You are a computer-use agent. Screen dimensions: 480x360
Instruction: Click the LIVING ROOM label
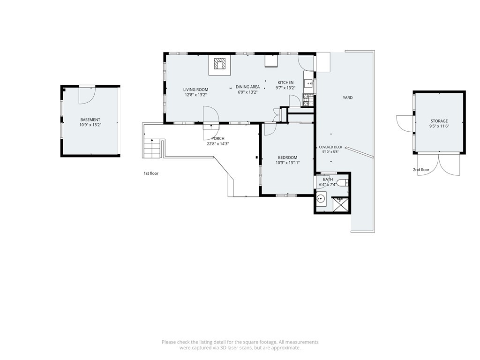tap(195, 90)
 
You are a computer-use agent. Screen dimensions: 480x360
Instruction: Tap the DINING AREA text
tap(247, 87)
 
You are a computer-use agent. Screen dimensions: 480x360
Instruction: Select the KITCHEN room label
tap(285, 82)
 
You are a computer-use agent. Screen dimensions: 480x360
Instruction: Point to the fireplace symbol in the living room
tap(220, 64)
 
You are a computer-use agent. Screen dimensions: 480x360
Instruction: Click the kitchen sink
tap(309, 82)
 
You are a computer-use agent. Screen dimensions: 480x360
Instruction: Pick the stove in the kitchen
tap(308, 100)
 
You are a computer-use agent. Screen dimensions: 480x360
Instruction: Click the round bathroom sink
tap(321, 199)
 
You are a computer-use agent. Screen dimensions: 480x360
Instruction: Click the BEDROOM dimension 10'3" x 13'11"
tap(288, 163)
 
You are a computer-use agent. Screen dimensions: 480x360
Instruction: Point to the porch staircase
tap(152, 148)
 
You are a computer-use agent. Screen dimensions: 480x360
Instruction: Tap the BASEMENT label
tap(90, 120)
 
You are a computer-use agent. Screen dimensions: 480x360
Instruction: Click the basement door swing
tap(88, 96)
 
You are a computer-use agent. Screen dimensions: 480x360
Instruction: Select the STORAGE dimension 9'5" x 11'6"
tap(439, 126)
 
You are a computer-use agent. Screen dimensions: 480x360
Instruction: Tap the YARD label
tap(348, 97)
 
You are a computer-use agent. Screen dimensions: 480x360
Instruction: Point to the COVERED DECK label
tap(330, 147)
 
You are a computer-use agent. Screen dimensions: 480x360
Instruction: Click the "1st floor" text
tap(151, 173)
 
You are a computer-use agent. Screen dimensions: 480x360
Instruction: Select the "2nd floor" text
tap(421, 170)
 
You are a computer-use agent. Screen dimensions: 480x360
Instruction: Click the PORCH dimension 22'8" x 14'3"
tap(218, 143)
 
